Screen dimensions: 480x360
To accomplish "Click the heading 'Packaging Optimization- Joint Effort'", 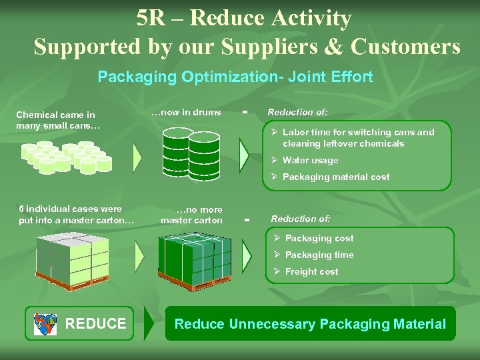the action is pos(235,77).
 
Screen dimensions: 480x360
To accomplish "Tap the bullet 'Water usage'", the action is pos(310,160).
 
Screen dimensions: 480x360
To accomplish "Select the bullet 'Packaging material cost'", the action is pos(335,177).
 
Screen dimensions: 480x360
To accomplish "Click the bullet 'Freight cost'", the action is pos(311,271).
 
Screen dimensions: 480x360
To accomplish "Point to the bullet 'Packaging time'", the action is pos(319,255).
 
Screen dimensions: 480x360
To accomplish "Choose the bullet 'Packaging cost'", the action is pos(319,238).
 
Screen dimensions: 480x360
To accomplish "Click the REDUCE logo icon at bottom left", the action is pos(46,324).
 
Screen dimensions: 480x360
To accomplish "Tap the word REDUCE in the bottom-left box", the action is pos(95,324).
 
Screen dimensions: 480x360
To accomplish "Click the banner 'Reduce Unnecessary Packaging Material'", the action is pos(310,324).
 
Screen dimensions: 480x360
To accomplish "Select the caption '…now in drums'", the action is pos(186,112).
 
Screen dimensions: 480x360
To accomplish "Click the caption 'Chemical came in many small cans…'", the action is pos(57,120).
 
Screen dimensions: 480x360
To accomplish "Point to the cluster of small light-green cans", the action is pos(67,157).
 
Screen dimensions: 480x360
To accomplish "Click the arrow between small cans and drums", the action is pos(137,157).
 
